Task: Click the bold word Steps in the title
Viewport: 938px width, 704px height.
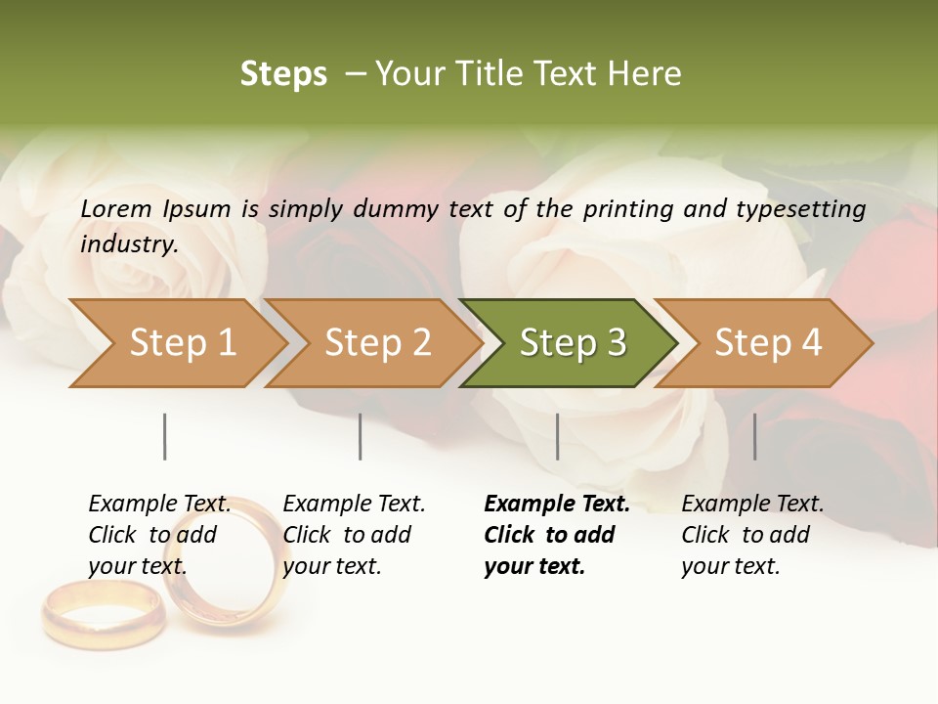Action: coord(283,74)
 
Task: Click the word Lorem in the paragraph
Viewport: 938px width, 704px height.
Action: coord(115,208)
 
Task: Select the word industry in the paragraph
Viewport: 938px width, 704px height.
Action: coord(128,244)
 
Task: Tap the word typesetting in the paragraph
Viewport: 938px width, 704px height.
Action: coord(800,208)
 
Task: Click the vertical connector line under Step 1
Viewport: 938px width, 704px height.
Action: coord(165,436)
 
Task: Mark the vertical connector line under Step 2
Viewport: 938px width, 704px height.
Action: coord(361,436)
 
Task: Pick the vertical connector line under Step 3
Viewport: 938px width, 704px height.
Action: coord(558,436)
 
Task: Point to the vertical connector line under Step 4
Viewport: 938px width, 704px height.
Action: coord(755,436)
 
